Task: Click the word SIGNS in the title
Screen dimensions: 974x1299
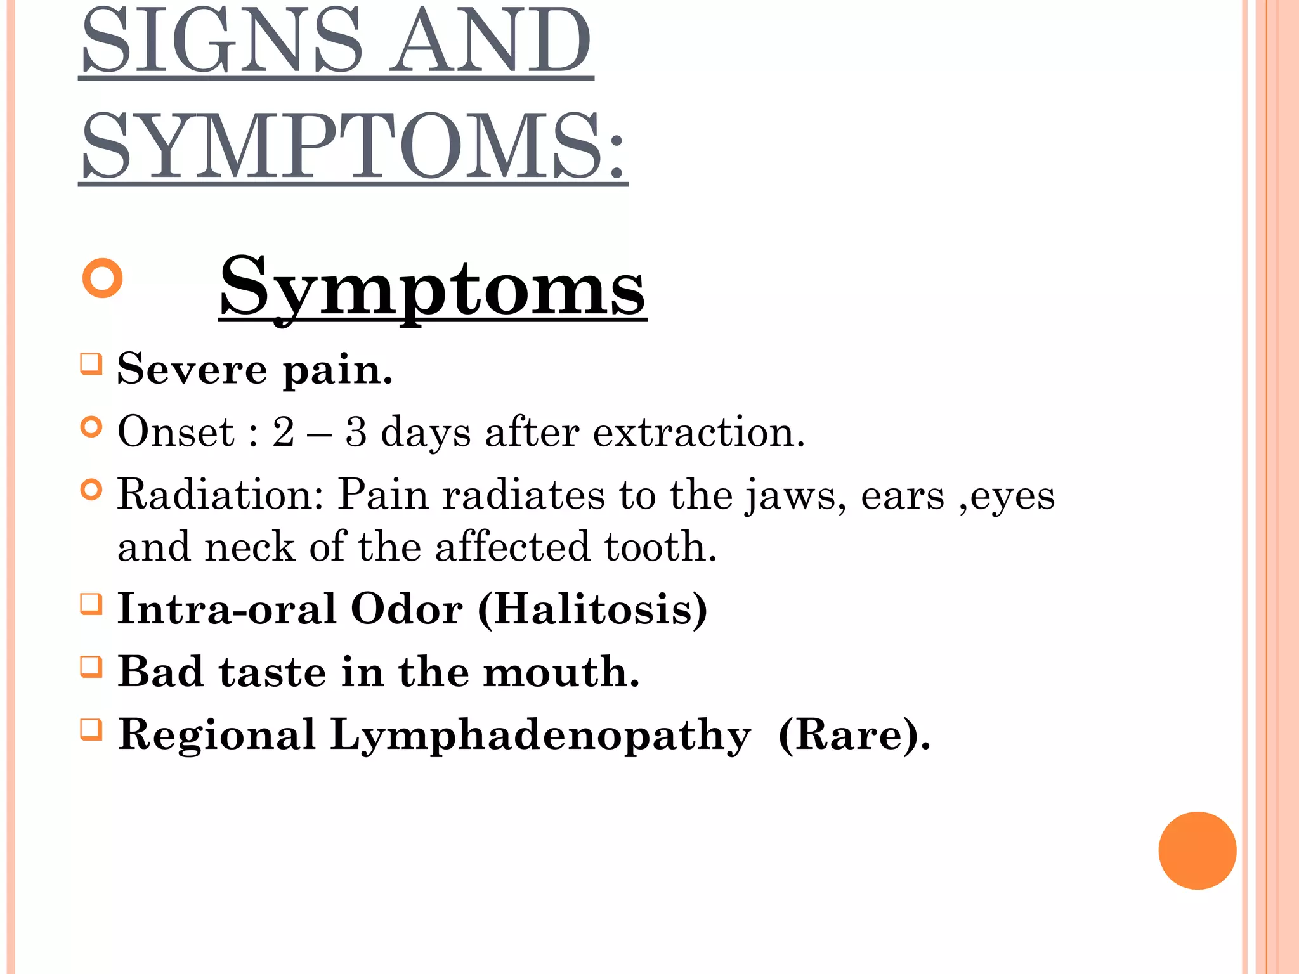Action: pyautogui.click(x=222, y=41)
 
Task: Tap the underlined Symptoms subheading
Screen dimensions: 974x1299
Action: pyautogui.click(x=432, y=289)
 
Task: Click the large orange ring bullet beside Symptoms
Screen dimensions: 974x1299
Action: pyautogui.click(x=102, y=278)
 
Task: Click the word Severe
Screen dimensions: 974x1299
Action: pyautogui.click(x=192, y=369)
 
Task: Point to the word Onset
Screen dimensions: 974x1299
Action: pyautogui.click(x=176, y=432)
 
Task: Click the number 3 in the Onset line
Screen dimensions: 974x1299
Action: pyautogui.click(x=356, y=432)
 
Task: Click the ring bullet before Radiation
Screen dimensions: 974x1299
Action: pyautogui.click(x=91, y=490)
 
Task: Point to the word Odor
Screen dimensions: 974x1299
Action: pyautogui.click(x=407, y=609)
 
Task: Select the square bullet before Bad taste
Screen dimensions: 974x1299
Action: pyautogui.click(x=91, y=667)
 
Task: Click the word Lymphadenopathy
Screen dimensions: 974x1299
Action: pyautogui.click(x=540, y=736)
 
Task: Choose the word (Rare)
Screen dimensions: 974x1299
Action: pyautogui.click(x=854, y=736)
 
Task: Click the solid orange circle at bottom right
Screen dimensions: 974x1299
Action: pyautogui.click(x=1197, y=850)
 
